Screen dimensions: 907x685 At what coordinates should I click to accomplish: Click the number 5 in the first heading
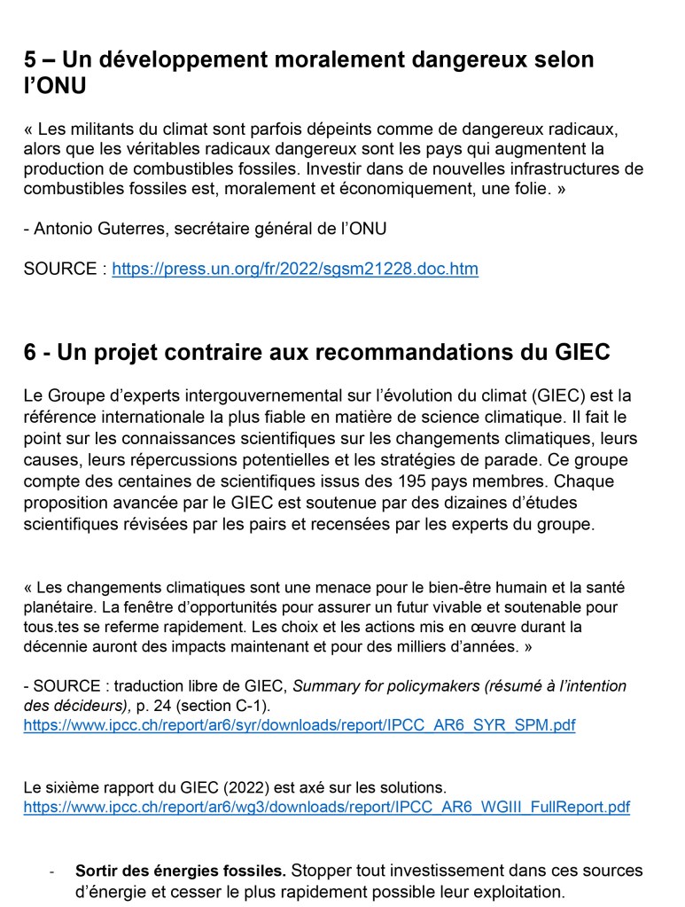pos(31,61)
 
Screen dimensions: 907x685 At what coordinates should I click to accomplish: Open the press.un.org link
pos(294,269)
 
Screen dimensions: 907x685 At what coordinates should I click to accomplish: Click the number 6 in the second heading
pos(31,352)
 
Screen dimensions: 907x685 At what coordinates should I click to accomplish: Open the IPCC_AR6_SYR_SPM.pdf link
pos(299,725)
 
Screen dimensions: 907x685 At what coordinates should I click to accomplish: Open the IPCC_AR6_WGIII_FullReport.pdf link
pos(326,807)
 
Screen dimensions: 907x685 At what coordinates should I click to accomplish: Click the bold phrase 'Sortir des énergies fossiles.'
pos(181,871)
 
